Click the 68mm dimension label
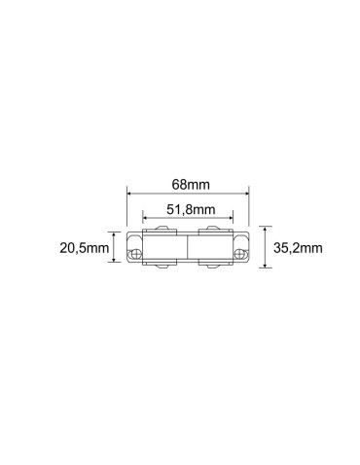[187, 184]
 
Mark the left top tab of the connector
[158, 232]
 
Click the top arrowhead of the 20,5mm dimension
[116, 235]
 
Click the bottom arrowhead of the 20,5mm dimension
[116, 262]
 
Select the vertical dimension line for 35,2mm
[264, 249]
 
